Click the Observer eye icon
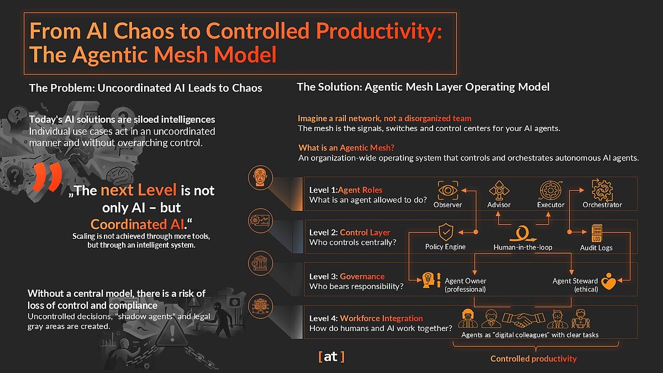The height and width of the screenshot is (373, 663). (447, 190)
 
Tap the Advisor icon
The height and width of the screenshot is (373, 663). (499, 190)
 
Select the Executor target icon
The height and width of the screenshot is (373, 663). (550, 190)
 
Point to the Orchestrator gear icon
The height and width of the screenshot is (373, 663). (602, 190)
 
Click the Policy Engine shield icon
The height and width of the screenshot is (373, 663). (445, 232)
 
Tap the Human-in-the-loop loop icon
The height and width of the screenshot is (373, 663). (522, 232)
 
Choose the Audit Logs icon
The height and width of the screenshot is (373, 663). (597, 233)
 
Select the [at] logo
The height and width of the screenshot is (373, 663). (331, 357)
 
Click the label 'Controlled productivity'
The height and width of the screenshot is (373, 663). (533, 359)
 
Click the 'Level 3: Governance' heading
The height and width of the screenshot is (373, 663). (347, 276)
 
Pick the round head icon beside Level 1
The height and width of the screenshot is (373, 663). (260, 178)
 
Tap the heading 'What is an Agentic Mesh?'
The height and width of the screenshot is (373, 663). (350, 148)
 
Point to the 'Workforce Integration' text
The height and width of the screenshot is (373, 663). (381, 318)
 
